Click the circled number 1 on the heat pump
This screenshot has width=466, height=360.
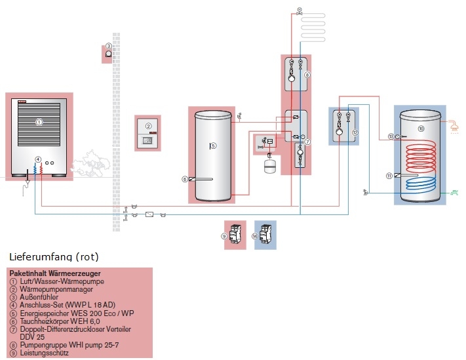[39, 121]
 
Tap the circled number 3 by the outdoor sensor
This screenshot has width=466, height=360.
[108, 47]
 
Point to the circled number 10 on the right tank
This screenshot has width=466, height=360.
[421, 129]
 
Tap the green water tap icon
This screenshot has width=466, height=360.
[454, 192]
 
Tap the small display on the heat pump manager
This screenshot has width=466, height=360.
[149, 140]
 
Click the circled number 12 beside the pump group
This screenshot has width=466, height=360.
[355, 132]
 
